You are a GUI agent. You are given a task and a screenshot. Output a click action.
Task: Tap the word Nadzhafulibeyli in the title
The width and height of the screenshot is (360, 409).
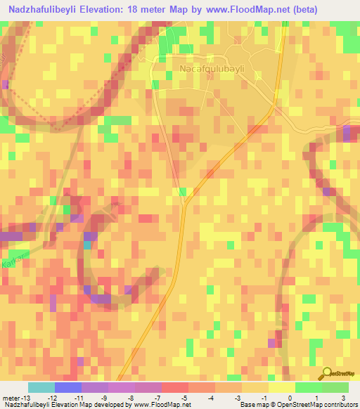pyautogui.click(x=41, y=10)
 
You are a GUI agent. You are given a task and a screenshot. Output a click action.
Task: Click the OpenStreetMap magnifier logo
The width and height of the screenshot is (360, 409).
pyautogui.click(x=326, y=374)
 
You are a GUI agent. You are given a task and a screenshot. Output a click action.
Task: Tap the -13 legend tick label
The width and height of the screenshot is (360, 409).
pyautogui.click(x=23, y=398)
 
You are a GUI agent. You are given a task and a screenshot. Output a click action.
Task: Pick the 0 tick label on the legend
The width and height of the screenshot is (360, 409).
pyautogui.click(x=290, y=398)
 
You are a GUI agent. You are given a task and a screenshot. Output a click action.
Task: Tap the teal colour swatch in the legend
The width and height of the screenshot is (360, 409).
pyautogui.click(x=41, y=387)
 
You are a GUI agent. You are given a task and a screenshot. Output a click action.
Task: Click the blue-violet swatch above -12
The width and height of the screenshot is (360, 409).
pyautogui.click(x=68, y=387)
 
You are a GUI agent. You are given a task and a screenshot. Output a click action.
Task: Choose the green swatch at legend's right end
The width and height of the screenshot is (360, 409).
pyautogui.click(x=335, y=387)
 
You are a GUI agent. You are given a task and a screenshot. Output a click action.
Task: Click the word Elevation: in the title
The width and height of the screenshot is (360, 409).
pyautogui.click(x=105, y=10)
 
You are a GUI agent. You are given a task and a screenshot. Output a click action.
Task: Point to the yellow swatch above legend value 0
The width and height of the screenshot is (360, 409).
pyautogui.click(x=282, y=387)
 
